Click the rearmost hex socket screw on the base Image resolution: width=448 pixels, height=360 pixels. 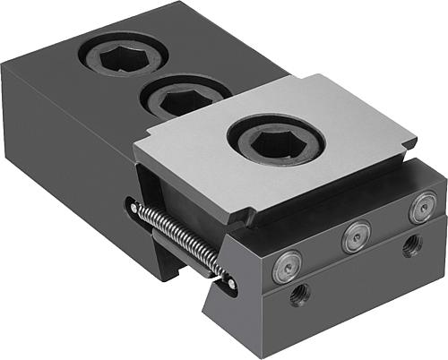coord(123,56)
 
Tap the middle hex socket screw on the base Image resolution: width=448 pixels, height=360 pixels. coord(185,96)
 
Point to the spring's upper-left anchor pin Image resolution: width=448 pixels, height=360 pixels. coord(134,207)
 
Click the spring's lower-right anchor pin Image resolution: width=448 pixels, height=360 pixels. coord(231,284)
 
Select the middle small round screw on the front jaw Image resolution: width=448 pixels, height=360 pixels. coord(356,236)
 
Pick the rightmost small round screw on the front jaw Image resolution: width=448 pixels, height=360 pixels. coord(421,208)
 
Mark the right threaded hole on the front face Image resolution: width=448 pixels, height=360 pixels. coord(411,244)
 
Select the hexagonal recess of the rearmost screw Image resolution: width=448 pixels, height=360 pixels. coord(123,56)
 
